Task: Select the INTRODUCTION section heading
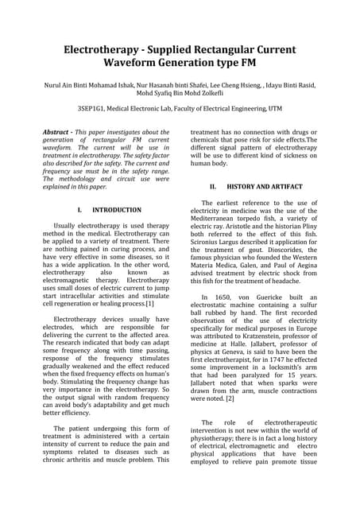click(x=118, y=210)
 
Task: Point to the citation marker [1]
click(x=149, y=303)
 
